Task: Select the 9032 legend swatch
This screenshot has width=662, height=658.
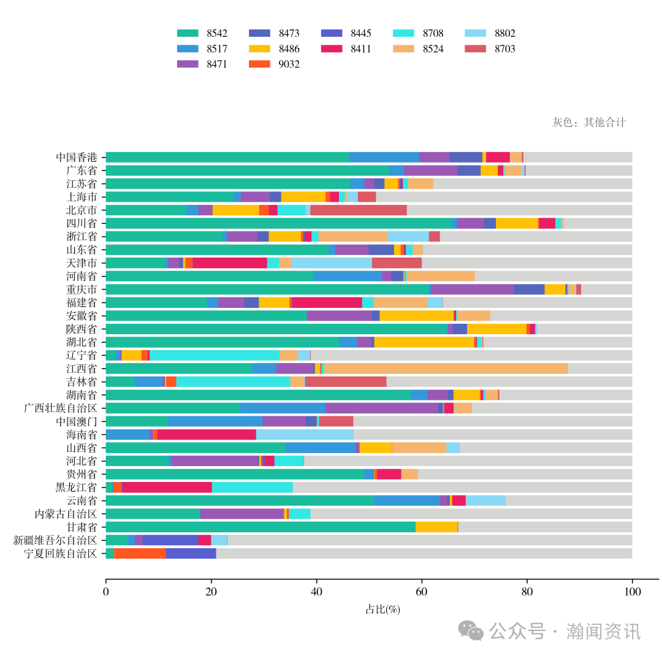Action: [x=259, y=64]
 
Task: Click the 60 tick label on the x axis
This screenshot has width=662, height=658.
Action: [x=422, y=592]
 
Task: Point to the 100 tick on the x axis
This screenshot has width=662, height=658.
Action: [x=632, y=592]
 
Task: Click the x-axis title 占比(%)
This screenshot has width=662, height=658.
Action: [x=382, y=610]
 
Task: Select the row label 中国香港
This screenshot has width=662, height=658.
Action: [x=76, y=157]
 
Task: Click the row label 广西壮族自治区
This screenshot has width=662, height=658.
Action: [x=60, y=408]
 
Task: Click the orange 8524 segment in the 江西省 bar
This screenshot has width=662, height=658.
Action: [x=446, y=369]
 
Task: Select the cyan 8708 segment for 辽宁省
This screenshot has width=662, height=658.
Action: [x=215, y=355]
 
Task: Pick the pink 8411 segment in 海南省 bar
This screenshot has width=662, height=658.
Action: [x=207, y=434]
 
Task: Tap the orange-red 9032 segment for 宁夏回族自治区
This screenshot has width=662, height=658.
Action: [x=140, y=554]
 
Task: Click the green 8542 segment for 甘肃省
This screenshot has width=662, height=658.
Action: [x=261, y=527]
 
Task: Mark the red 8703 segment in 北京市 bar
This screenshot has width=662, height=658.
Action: [x=359, y=210]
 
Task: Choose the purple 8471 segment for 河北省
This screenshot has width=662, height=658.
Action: [x=215, y=461]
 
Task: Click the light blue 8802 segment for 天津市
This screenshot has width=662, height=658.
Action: [x=332, y=262]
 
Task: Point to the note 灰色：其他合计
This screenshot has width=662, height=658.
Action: [x=589, y=122]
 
